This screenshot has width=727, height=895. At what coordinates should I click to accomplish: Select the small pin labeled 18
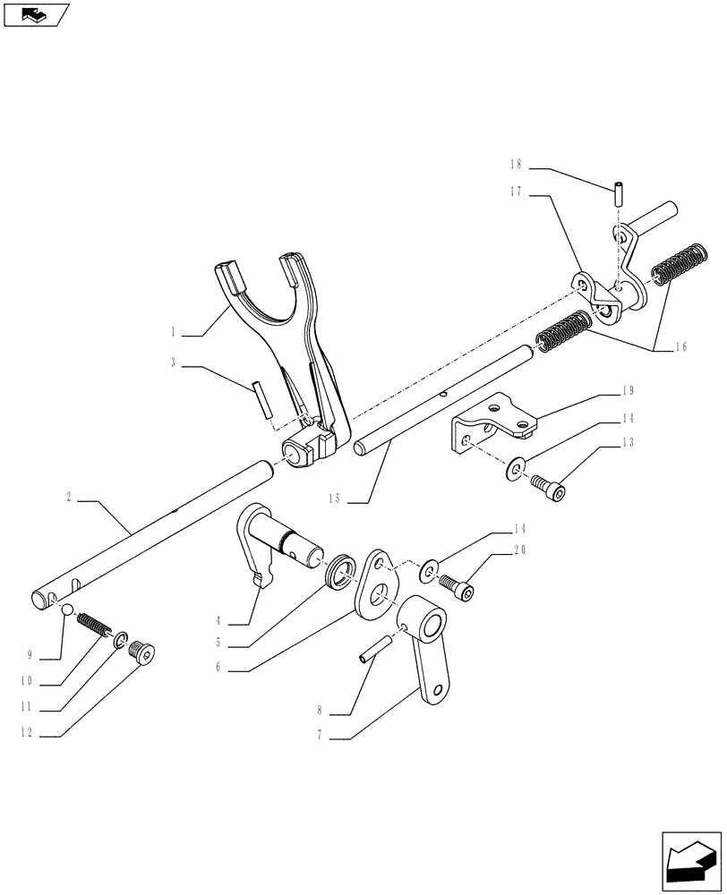617,193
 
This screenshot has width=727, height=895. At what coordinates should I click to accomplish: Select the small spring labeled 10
92,622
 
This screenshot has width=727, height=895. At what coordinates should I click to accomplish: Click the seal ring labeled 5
339,571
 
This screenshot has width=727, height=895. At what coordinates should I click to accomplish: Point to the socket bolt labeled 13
549,488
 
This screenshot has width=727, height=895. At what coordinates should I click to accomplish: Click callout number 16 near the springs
682,347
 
